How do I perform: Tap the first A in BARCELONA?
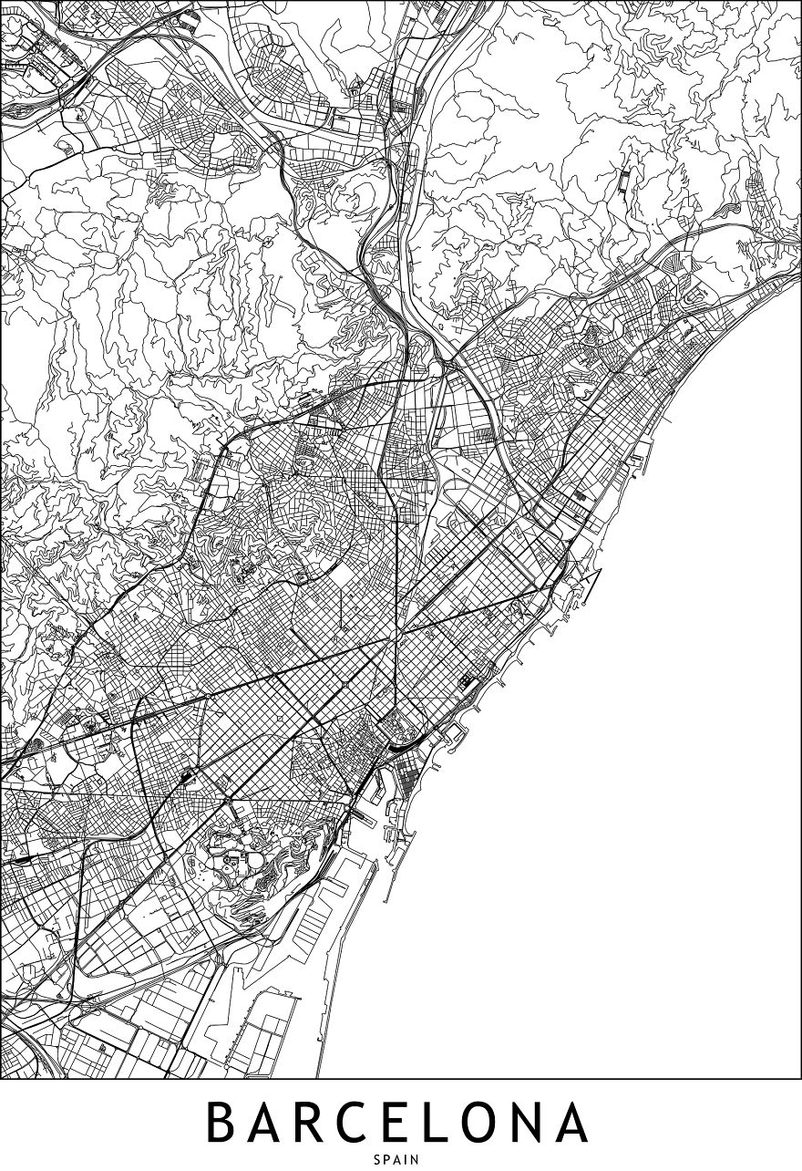point(271,1123)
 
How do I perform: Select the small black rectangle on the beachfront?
point(470,679)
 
